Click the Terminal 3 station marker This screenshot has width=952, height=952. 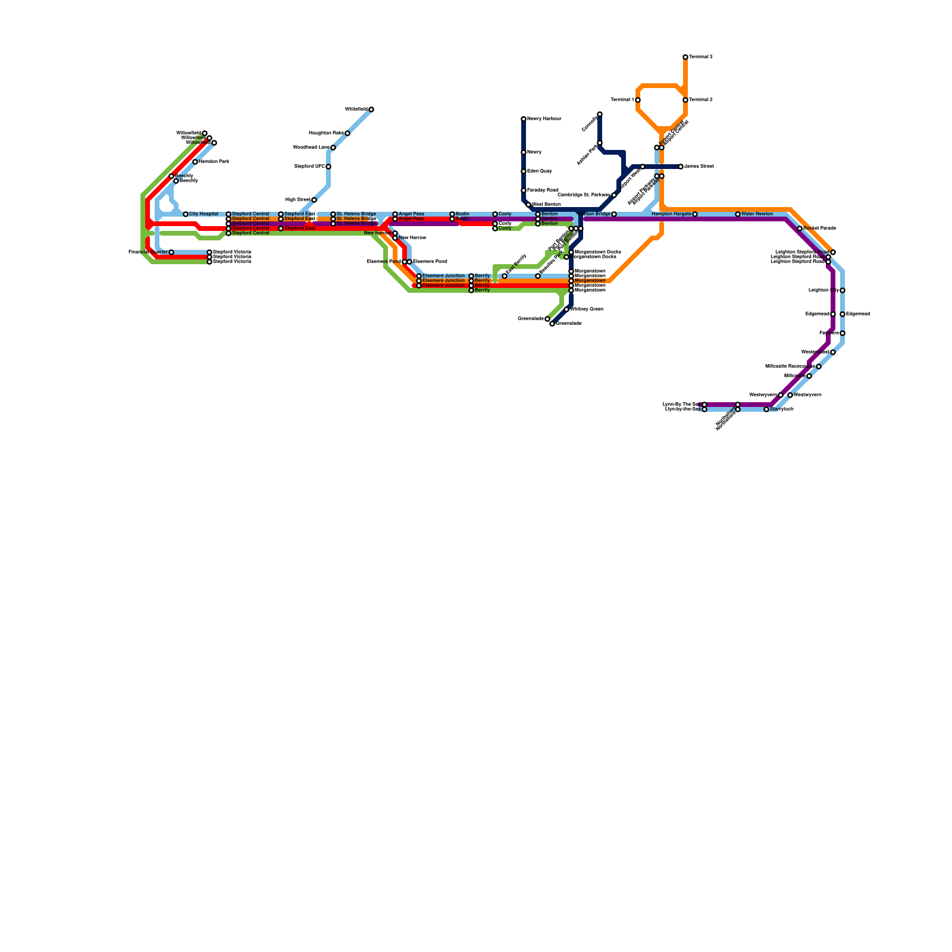coord(685,57)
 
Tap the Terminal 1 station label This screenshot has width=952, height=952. coord(622,100)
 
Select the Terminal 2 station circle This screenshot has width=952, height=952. coord(685,100)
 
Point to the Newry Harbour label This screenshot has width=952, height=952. coord(544,119)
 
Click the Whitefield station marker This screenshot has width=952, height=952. coord(371,109)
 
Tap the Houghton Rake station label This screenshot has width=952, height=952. coord(326,133)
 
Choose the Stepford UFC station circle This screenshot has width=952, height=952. coord(328,167)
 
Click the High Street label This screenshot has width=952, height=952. coord(297,200)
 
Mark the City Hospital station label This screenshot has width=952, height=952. coord(204,214)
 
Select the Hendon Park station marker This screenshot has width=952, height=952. coord(195,162)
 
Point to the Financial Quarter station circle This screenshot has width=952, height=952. coord(171,252)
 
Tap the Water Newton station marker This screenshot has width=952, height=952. coord(738,214)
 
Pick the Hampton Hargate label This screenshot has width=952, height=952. coord(671,214)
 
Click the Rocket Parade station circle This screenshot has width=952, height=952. coord(800,228)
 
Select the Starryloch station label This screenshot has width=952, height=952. coord(782,409)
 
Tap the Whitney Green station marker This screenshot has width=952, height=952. coord(566,309)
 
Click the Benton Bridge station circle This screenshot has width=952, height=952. coord(614,214)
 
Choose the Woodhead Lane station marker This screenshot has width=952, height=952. coord(333,148)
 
